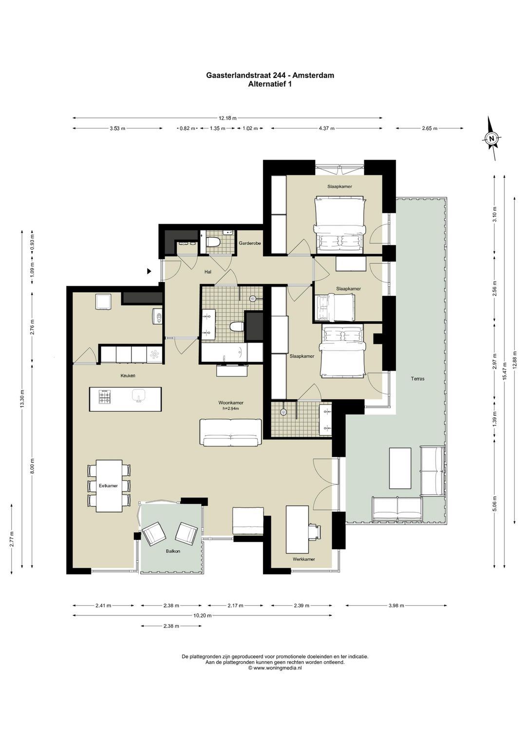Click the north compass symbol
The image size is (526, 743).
point(491,138)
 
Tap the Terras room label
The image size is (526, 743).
point(417,378)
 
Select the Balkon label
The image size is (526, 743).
point(173,551)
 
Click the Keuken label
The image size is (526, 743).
point(128,376)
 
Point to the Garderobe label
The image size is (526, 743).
point(249,243)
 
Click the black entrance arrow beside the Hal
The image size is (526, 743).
point(150,271)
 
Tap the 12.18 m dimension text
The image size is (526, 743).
point(227,118)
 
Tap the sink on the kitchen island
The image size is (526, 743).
point(138,396)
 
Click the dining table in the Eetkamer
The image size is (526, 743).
point(109,486)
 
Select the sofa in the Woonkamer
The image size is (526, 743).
point(230,432)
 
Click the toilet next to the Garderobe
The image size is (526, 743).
point(212,241)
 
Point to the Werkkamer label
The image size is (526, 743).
point(303,559)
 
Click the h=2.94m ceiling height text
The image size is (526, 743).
point(231,409)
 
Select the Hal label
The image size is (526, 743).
point(208,272)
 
